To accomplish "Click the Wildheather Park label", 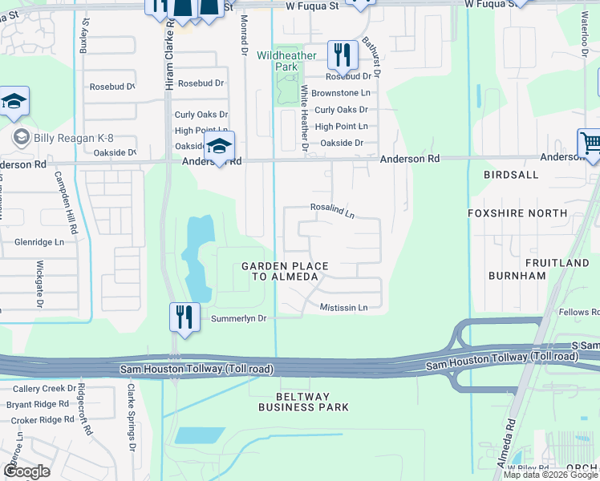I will (x=286, y=61).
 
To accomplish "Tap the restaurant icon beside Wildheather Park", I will (x=343, y=55).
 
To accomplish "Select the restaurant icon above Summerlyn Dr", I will (x=184, y=317).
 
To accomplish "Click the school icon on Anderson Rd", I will (x=218, y=147).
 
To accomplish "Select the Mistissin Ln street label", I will (x=343, y=307).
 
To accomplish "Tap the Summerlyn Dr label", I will (x=238, y=318).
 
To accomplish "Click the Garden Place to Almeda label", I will (x=280, y=271).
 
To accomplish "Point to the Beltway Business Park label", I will (x=303, y=402).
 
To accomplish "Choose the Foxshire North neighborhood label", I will (x=518, y=213).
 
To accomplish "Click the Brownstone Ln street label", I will (x=342, y=93).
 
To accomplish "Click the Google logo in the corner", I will (x=26, y=471).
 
